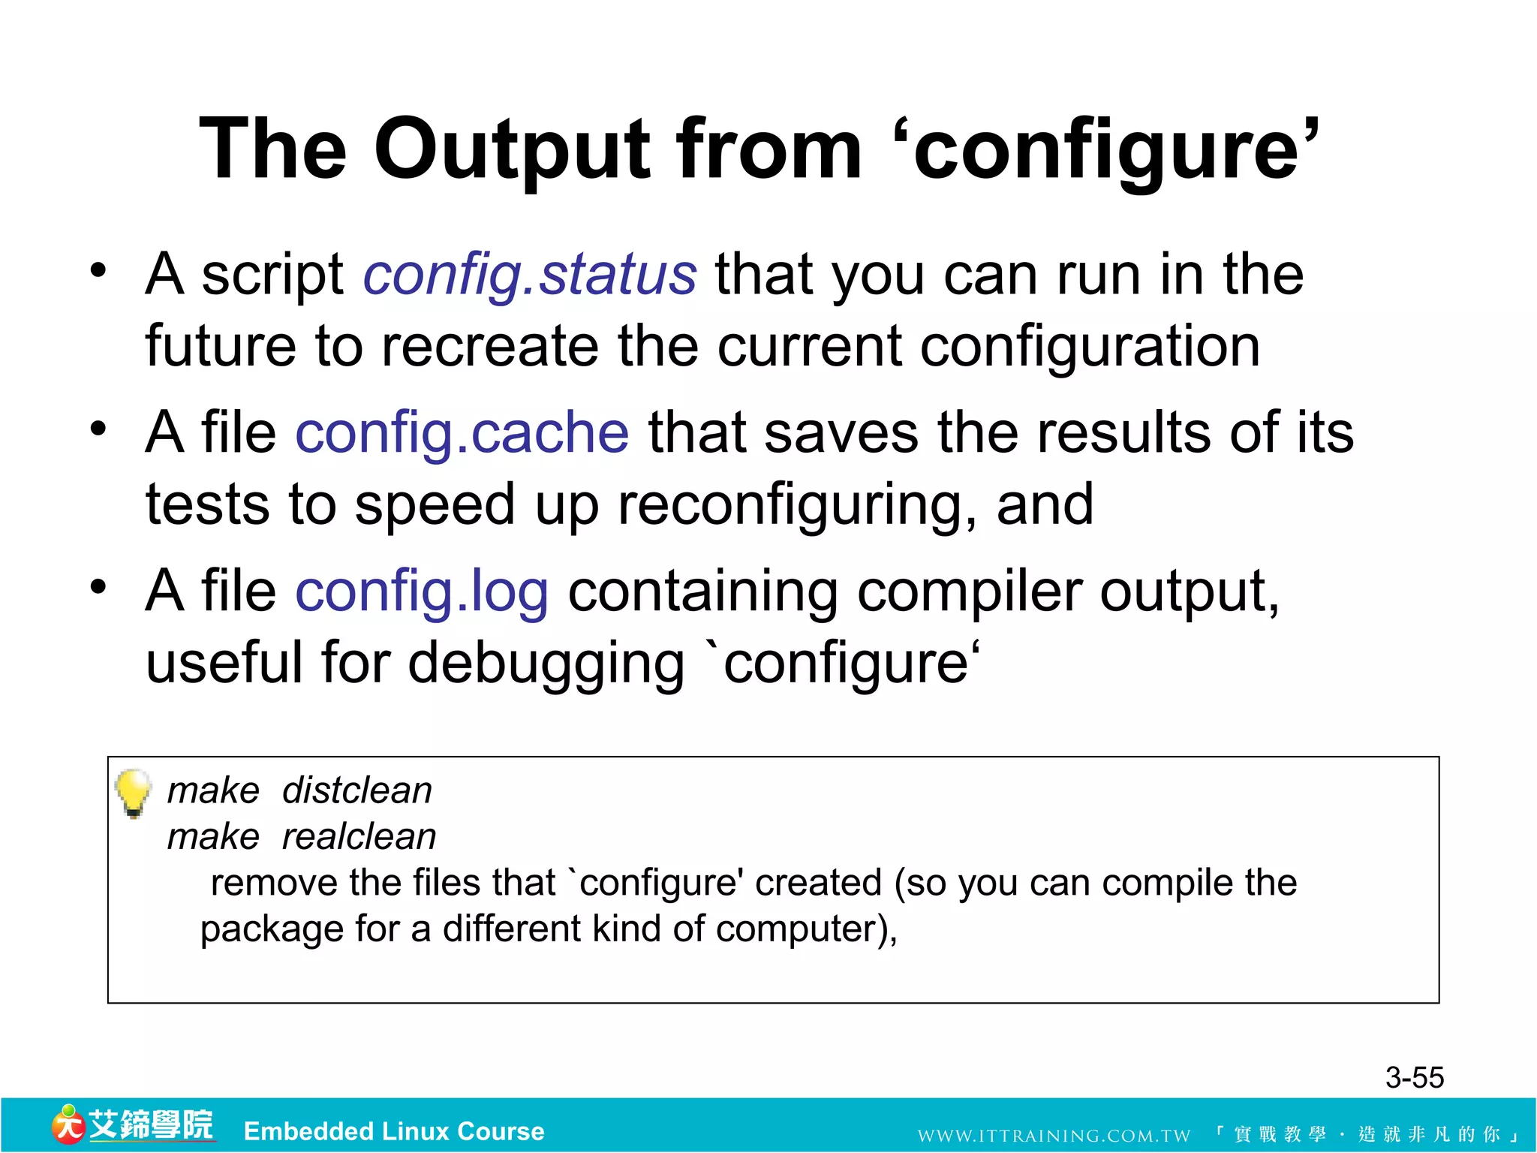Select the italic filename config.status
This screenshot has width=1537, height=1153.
click(530, 275)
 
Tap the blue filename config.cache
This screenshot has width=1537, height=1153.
click(462, 433)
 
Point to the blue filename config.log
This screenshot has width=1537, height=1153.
click(422, 592)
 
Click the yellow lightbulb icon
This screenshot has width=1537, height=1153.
click(133, 793)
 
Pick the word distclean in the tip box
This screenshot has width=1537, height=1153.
click(357, 791)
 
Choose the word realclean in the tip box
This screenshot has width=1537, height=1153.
click(359, 837)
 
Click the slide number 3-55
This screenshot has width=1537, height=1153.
click(1414, 1078)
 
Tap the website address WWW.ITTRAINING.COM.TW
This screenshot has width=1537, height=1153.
click(1054, 1135)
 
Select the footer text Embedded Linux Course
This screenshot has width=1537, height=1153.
click(394, 1131)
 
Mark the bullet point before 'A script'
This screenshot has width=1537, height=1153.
click(98, 270)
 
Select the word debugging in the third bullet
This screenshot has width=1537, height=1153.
click(546, 664)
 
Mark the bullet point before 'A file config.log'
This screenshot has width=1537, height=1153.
click(98, 587)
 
